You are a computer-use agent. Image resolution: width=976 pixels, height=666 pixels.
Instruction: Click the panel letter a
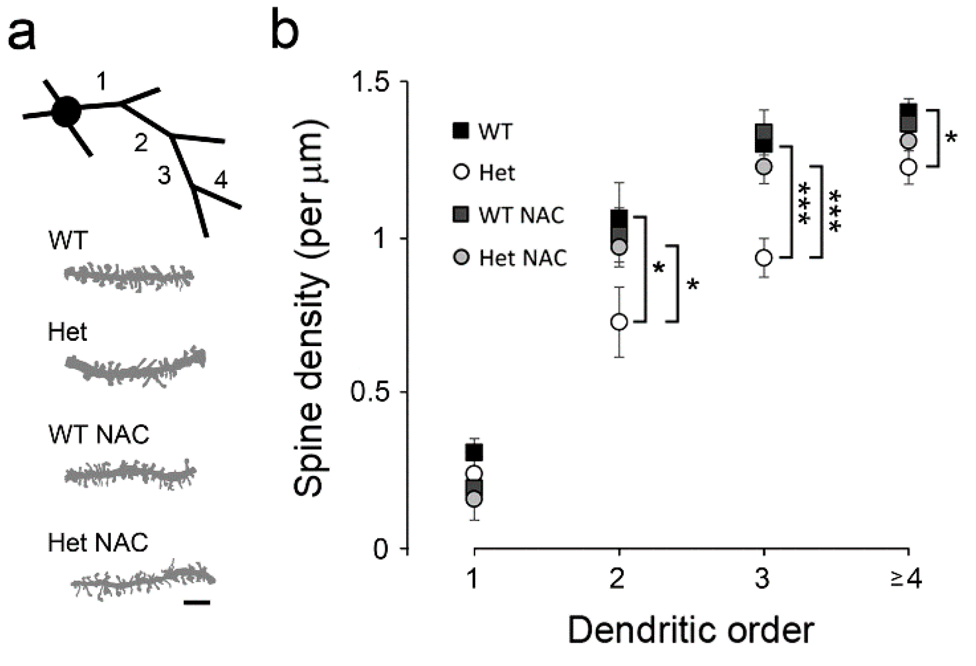(x=21, y=33)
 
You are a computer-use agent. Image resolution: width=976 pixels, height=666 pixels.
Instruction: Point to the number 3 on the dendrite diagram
(x=164, y=175)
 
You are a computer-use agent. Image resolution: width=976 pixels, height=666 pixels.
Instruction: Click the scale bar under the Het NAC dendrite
(x=197, y=603)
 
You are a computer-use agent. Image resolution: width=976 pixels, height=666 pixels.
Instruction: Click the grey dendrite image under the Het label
(x=135, y=368)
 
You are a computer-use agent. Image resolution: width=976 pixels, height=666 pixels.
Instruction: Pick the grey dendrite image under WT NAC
(x=130, y=473)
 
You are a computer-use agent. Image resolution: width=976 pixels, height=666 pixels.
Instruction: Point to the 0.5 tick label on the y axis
(x=371, y=393)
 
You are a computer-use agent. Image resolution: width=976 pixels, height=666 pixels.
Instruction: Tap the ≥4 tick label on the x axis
(x=907, y=579)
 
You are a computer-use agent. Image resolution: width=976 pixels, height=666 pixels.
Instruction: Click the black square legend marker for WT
(x=461, y=131)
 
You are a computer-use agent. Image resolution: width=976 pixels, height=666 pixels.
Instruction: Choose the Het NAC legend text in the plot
(x=523, y=258)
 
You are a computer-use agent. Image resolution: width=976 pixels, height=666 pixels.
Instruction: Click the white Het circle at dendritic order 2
(x=619, y=322)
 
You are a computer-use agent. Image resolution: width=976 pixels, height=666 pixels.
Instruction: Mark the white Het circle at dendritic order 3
(x=764, y=257)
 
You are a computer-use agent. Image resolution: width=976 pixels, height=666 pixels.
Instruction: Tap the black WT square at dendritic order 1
(x=474, y=453)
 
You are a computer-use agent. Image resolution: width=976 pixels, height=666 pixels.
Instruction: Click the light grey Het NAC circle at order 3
(x=764, y=167)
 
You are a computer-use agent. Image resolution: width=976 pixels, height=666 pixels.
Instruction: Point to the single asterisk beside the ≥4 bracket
(x=951, y=138)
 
